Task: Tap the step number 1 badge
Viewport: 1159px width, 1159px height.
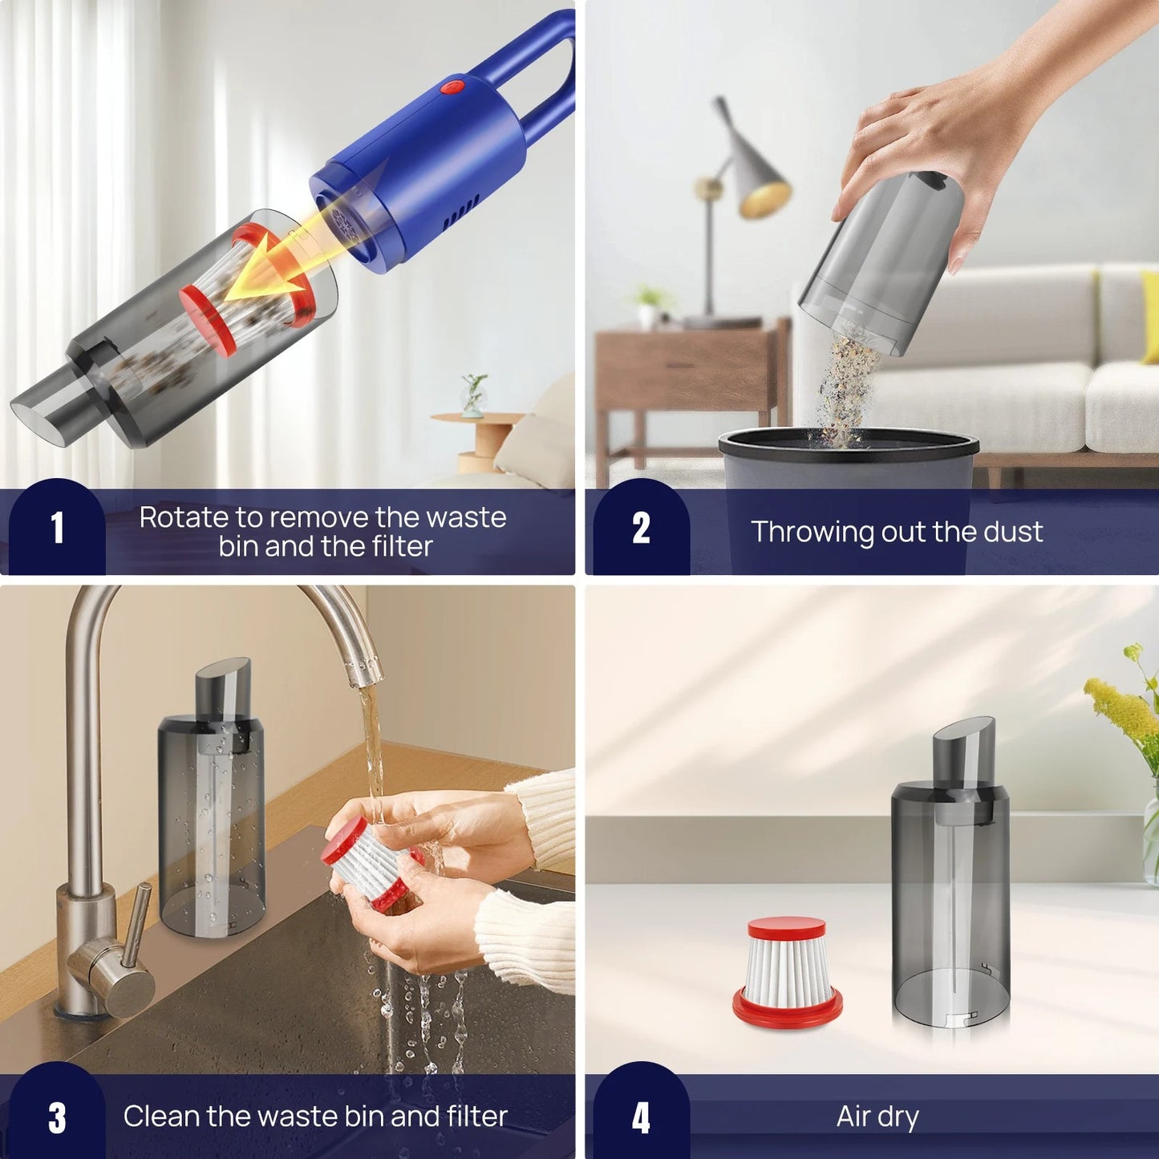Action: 57,529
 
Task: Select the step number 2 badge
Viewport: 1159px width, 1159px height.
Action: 640,529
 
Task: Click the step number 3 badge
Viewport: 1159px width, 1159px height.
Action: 57,1117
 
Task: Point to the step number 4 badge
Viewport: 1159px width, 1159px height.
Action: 640,1117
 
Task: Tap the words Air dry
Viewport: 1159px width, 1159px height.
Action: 877,1116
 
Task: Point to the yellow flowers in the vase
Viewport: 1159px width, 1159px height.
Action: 1123,706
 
